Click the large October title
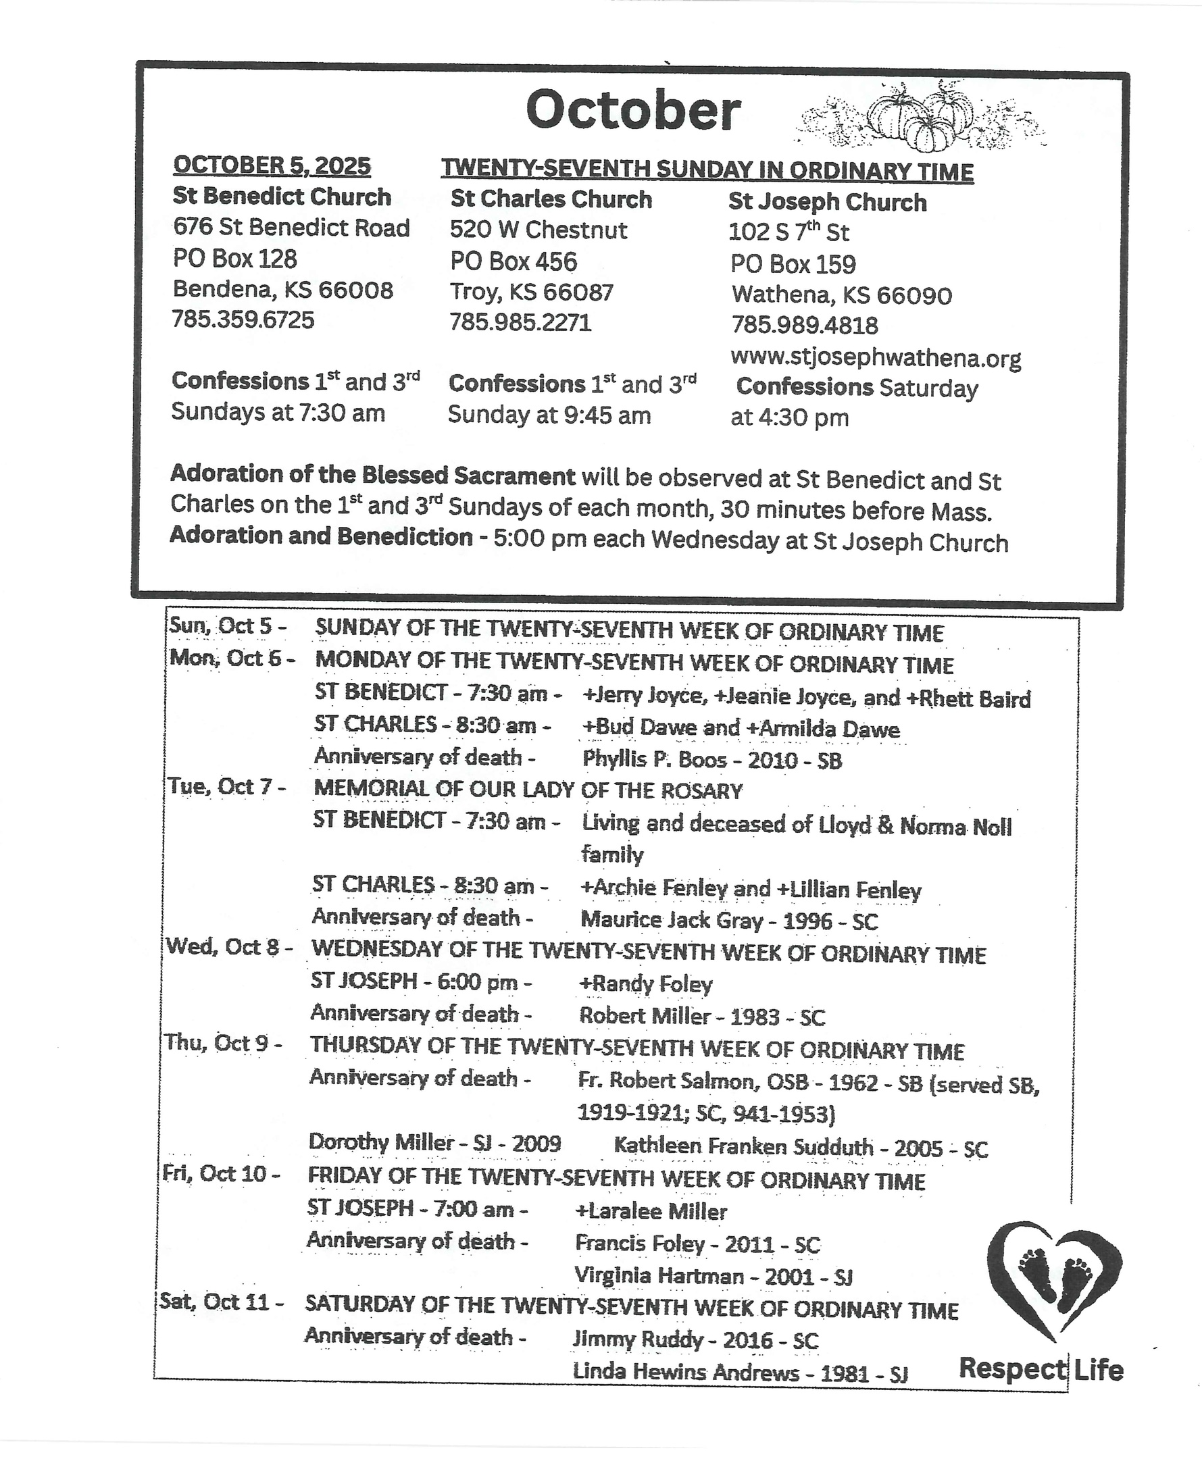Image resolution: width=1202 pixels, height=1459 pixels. pyautogui.click(x=633, y=111)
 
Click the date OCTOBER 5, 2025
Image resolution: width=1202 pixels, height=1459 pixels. pyautogui.click(x=272, y=166)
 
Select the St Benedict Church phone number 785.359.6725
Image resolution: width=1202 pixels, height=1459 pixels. pyautogui.click(x=243, y=319)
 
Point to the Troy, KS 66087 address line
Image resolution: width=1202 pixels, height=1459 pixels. pyautogui.click(x=531, y=292)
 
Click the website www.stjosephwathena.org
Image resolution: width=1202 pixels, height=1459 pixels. pyautogui.click(x=875, y=358)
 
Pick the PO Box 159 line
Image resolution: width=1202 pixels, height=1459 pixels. pyautogui.click(x=793, y=263)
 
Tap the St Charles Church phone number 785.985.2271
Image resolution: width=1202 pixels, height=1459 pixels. pyautogui.click(x=520, y=322)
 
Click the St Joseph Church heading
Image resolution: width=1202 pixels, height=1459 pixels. pyautogui.click(x=827, y=202)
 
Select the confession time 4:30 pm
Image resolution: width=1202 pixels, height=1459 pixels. pyautogui.click(x=790, y=418)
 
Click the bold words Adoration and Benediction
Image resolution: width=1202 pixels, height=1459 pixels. pyautogui.click(x=320, y=536)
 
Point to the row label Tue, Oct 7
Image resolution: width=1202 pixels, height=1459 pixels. pyautogui.click(x=226, y=786)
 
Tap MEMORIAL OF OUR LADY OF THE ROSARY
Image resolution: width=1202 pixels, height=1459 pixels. pyautogui.click(x=528, y=790)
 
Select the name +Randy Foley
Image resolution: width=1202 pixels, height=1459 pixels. pyautogui.click(x=645, y=983)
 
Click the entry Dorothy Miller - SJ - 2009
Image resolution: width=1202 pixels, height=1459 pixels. pyautogui.click(x=434, y=1142)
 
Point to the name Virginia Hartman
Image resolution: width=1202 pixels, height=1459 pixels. pyautogui.click(x=659, y=1275)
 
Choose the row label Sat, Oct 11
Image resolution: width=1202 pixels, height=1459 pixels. pyautogui.click(x=221, y=1302)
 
